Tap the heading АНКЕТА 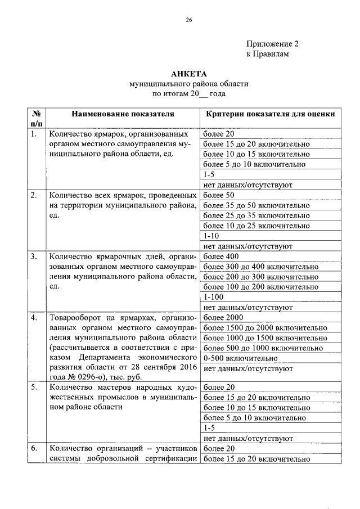pos(189,74)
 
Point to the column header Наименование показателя pos(122,114)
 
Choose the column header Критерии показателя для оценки pos(271,114)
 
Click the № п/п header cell pos(35,118)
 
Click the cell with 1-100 pos(214,297)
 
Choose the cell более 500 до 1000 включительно pos(263,348)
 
